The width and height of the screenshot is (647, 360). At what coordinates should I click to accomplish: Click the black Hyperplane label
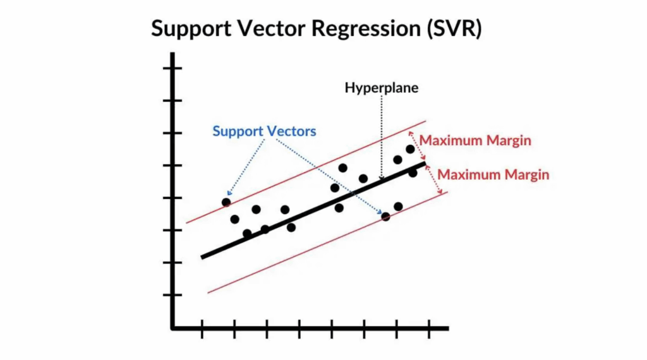click(x=381, y=88)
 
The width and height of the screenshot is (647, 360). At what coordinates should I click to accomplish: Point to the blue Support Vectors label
click(x=264, y=131)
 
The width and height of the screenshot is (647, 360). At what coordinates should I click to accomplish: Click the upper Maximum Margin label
click(x=475, y=140)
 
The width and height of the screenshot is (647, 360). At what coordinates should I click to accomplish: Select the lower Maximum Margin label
click(x=493, y=174)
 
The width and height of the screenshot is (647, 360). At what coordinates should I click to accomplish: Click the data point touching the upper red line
click(x=226, y=203)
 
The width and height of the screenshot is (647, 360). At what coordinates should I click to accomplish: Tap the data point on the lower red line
click(x=386, y=217)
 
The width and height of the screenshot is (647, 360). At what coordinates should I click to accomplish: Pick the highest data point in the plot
click(x=410, y=149)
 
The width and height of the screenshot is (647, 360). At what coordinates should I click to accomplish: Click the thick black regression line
click(x=313, y=210)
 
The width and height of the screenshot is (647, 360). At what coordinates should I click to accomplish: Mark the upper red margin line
click(x=306, y=172)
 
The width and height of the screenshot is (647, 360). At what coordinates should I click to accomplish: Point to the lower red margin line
click(x=327, y=243)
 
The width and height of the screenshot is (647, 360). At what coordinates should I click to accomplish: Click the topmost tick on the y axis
click(x=172, y=68)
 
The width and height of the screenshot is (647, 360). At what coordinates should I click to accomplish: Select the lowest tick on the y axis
click(x=172, y=295)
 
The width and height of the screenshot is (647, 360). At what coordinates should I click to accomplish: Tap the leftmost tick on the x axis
click(x=202, y=329)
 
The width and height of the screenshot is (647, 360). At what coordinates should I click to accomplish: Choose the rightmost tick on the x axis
click(x=429, y=329)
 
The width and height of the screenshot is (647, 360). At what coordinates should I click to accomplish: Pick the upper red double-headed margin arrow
click(x=417, y=145)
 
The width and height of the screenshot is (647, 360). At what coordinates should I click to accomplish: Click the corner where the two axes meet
click(x=172, y=328)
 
